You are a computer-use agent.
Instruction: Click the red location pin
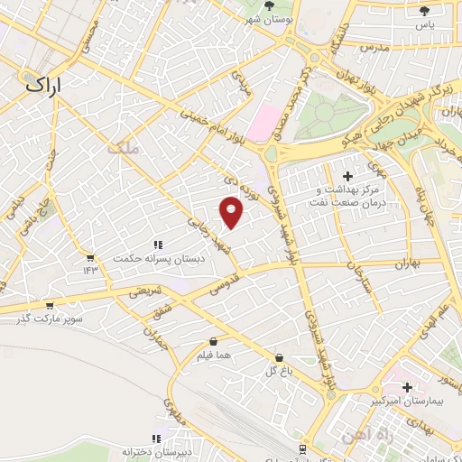point(232,212)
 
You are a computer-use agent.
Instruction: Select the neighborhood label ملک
point(124,147)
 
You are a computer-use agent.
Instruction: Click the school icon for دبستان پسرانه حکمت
point(157,245)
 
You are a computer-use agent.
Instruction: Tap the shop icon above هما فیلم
point(214,342)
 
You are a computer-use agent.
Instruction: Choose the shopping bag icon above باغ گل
point(278,357)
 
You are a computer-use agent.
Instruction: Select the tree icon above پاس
point(424,11)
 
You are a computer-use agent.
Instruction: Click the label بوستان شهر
point(269,18)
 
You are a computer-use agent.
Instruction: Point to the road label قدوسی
point(223,286)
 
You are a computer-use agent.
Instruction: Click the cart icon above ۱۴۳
point(90,257)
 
